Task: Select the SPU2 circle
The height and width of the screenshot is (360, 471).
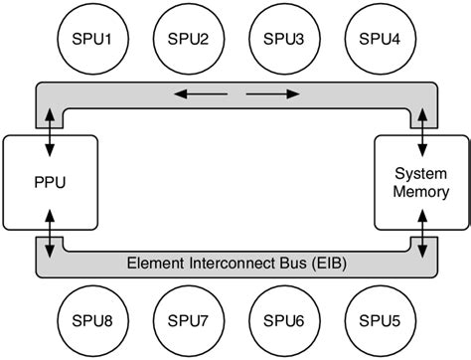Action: (x=189, y=39)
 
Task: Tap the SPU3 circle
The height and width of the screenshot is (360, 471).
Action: (x=283, y=39)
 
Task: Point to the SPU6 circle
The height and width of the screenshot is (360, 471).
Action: (x=283, y=321)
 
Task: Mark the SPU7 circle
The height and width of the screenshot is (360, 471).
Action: (x=189, y=321)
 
